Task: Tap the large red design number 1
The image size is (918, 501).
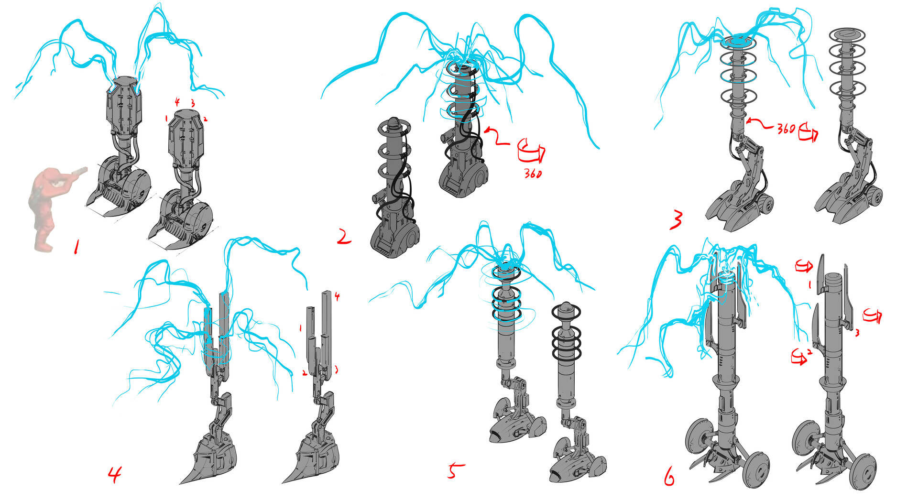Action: (x=76, y=247)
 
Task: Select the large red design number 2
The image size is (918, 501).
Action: (x=344, y=237)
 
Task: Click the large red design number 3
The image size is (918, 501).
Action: (x=676, y=220)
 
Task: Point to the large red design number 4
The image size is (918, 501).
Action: (x=115, y=474)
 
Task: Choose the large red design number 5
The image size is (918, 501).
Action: (x=455, y=470)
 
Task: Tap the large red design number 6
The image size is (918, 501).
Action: (x=669, y=476)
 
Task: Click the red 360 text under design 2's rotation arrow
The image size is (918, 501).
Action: (x=532, y=173)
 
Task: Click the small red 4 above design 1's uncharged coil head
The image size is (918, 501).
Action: (x=177, y=102)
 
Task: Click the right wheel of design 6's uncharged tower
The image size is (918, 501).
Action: (x=863, y=470)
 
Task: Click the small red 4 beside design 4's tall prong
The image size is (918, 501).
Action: (x=337, y=296)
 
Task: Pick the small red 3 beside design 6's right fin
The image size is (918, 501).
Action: (x=857, y=332)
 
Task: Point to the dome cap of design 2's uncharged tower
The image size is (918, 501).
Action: (x=393, y=122)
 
